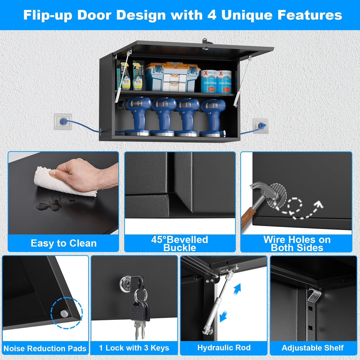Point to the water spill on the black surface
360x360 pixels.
pyautogui.click(x=50, y=204)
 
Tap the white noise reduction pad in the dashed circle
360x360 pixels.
pyautogui.click(x=63, y=313)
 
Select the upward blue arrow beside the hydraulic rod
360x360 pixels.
pyautogui.click(x=237, y=289)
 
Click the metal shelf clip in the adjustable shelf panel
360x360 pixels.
pyautogui.click(x=314, y=295)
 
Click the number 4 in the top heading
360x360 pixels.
pyautogui.click(x=212, y=15)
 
